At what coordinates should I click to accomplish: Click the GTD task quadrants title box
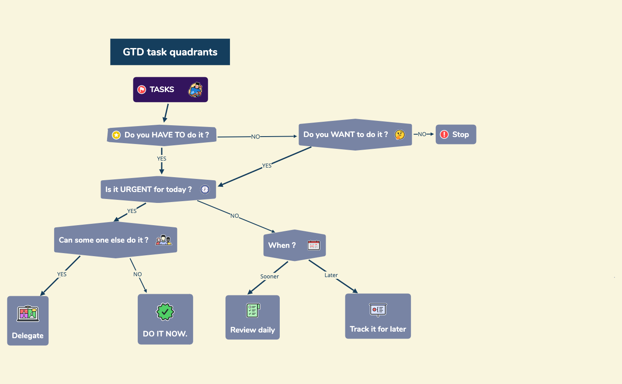click(x=170, y=52)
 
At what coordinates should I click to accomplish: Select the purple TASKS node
click(x=170, y=89)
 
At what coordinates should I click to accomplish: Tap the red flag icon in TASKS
click(x=142, y=89)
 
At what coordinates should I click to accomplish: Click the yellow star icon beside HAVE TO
click(x=116, y=135)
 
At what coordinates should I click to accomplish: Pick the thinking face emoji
click(x=400, y=135)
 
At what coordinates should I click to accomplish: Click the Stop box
click(x=455, y=134)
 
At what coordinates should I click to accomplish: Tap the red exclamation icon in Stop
click(x=444, y=134)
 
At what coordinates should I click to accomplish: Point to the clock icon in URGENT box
click(x=205, y=189)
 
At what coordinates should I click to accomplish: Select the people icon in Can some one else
click(x=163, y=240)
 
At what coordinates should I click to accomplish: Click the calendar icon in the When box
click(x=314, y=245)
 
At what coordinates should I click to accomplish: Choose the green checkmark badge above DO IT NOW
click(x=165, y=312)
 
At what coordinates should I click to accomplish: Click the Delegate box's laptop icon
click(x=28, y=313)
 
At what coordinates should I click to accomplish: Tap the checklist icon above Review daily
click(x=253, y=310)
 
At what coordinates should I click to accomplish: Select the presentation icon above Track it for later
click(x=378, y=310)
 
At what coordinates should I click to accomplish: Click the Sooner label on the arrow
click(x=269, y=277)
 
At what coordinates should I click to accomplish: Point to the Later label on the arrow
click(x=331, y=275)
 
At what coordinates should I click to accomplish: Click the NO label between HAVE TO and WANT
click(x=255, y=137)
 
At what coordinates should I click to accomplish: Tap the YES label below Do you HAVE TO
click(x=162, y=159)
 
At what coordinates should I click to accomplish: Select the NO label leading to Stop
click(x=422, y=134)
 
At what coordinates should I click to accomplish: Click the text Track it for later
click(x=378, y=329)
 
